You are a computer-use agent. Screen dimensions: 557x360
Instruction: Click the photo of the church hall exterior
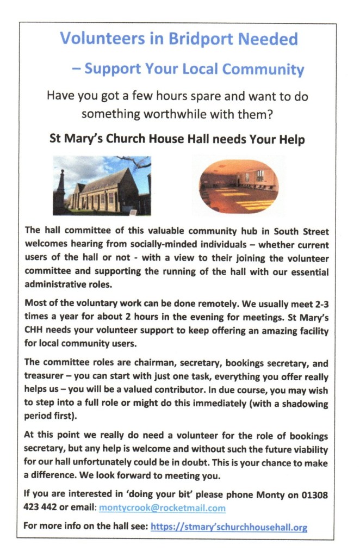(102, 185)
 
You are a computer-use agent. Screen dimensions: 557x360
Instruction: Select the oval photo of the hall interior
(238, 185)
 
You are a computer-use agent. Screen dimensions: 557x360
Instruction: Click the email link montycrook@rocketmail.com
(162, 508)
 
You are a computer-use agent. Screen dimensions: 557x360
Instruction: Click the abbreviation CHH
(35, 331)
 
